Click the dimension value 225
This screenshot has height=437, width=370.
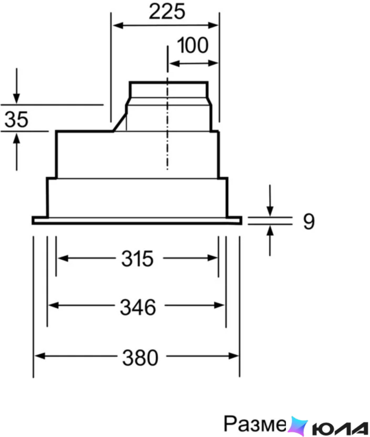coord(167,12)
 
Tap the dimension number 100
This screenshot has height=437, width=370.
coord(193,45)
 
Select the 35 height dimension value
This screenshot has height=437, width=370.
coord(16,120)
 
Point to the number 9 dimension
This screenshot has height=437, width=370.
coord(309,222)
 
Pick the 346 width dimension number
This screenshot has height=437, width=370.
coord(138,307)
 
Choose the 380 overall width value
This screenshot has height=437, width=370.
coord(140,358)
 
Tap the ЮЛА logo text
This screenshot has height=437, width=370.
coord(340,428)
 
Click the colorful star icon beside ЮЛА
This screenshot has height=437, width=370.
coord(298,426)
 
